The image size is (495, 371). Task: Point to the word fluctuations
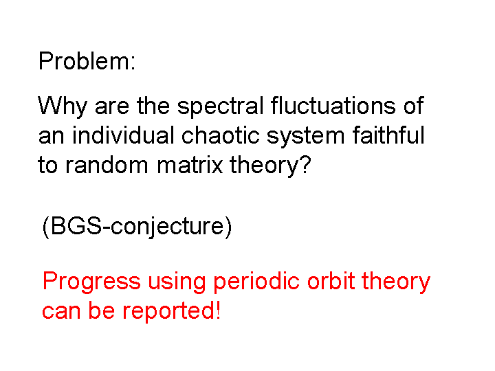tap(333, 106)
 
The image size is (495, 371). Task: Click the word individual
tap(123, 135)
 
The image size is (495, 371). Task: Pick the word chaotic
tap(221, 135)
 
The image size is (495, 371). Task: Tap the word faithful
tap(388, 135)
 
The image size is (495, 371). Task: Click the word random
tap(107, 165)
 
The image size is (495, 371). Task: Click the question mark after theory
tap(305, 165)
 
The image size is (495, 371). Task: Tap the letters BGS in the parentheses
tap(76, 226)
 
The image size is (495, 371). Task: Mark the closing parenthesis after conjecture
tap(228, 227)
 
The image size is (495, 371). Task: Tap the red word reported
tap(166, 312)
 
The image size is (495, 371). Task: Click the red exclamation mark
tap(217, 310)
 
